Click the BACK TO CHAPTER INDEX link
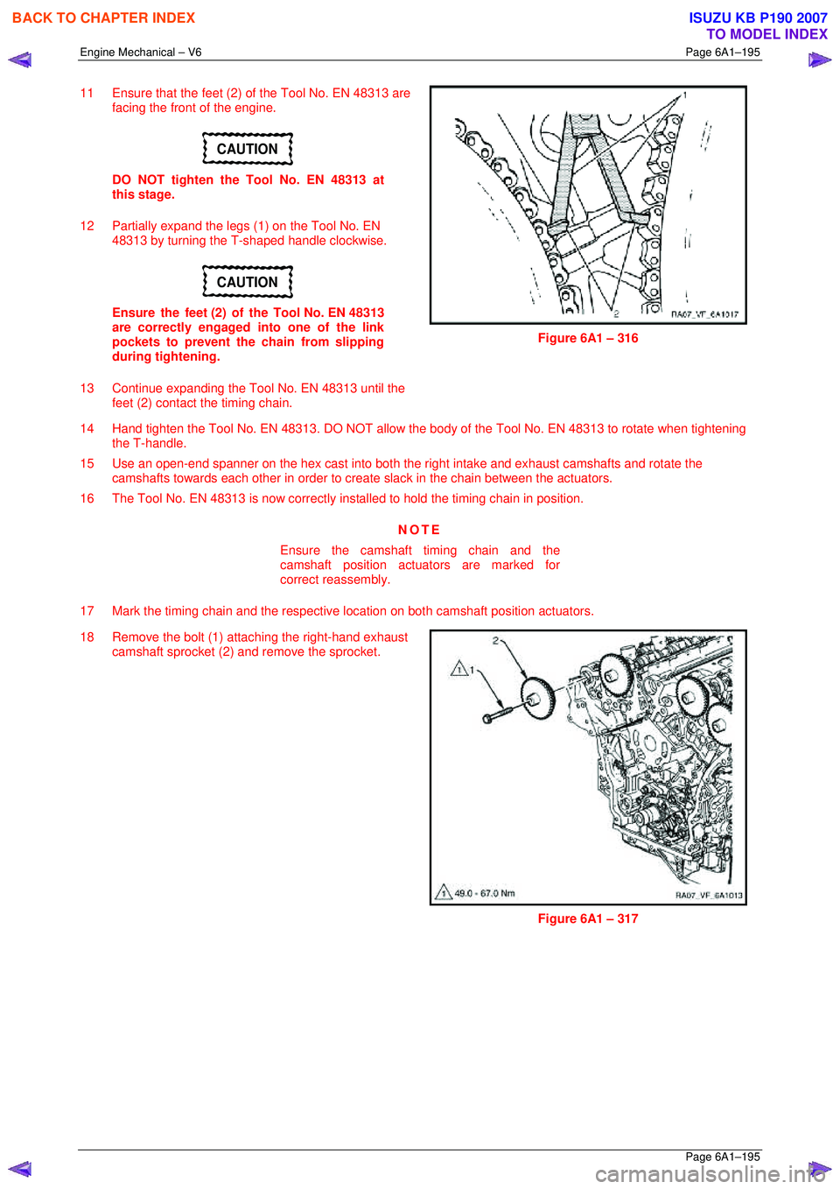tap(103, 18)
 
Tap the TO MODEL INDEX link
tap(766, 34)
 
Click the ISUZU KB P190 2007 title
tap(758, 18)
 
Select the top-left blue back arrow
tap(19, 60)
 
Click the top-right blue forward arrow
tap(820, 60)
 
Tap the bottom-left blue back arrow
tap(19, 1168)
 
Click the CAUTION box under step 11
tap(248, 149)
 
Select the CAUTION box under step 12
tap(248, 282)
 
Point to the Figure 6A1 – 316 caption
tap(588, 338)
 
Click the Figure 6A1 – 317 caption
tap(588, 918)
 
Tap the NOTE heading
tap(419, 530)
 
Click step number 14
tap(87, 429)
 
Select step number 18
tap(87, 637)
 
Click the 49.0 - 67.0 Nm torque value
tap(485, 893)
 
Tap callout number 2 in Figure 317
tap(495, 641)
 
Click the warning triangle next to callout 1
tap(458, 670)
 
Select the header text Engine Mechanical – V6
tap(141, 53)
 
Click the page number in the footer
tap(723, 1157)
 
